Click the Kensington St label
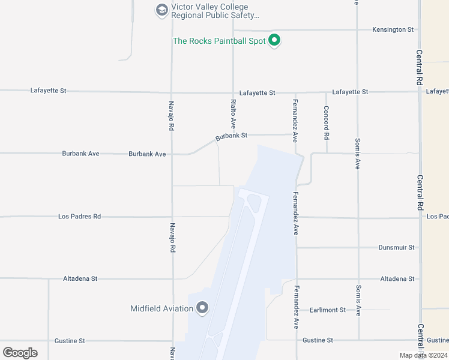tap(393, 29)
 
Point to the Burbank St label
tap(232, 136)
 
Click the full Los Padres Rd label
tap(79, 217)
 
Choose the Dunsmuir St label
tap(397, 247)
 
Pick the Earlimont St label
tap(328, 310)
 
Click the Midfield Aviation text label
tap(162, 309)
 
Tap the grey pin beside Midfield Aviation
tap(202, 308)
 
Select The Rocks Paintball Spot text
tap(218, 41)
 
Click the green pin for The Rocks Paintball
tap(274, 40)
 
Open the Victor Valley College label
tap(215, 11)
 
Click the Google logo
tap(20, 352)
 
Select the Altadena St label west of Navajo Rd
tap(80, 279)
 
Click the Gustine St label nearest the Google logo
tap(70, 341)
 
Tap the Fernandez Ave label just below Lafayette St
tap(295, 120)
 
